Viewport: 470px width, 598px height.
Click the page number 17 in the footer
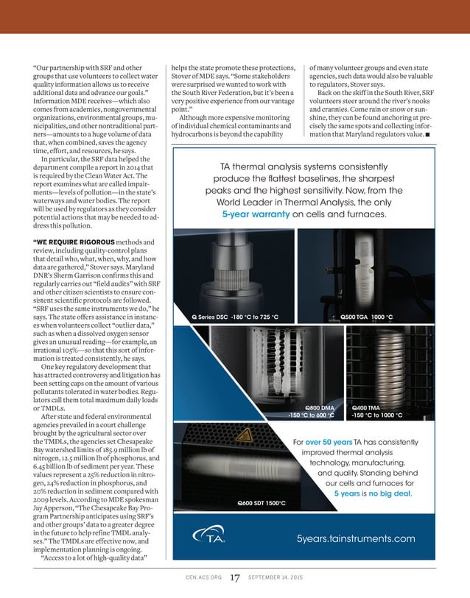click(234, 577)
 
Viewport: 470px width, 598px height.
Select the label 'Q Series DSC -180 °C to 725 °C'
click(235, 317)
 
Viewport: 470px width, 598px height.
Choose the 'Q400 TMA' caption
click(366, 407)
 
